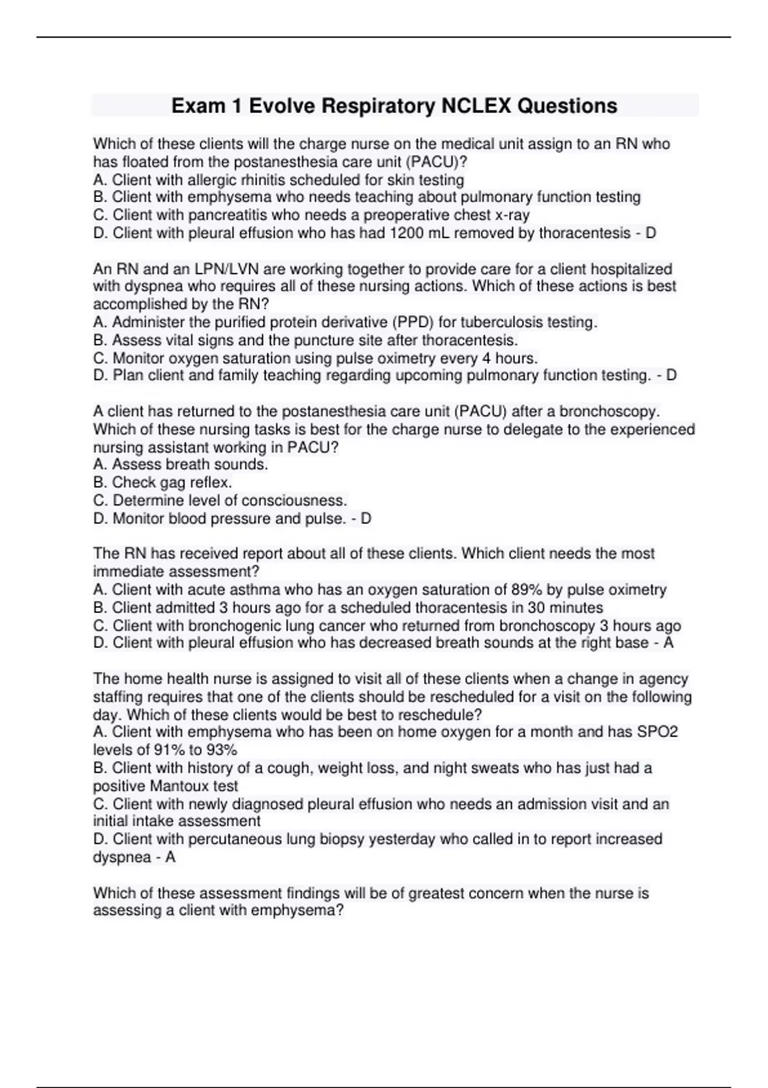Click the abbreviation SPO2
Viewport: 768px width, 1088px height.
pyautogui.click(x=657, y=732)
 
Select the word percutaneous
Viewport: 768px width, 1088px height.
pyautogui.click(x=234, y=839)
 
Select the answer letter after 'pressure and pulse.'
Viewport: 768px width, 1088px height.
pyautogui.click(x=365, y=518)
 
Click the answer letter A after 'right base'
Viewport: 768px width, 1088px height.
pyautogui.click(x=668, y=643)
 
